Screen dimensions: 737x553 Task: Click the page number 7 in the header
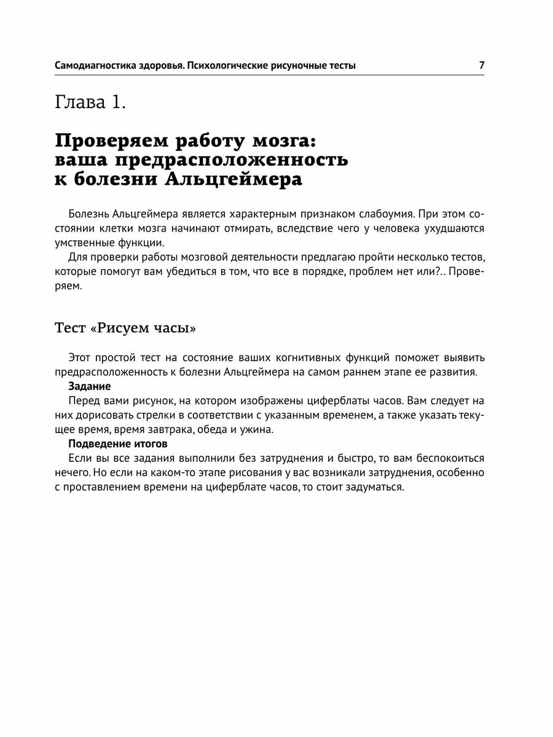click(x=482, y=64)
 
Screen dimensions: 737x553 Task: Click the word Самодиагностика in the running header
click(x=92, y=65)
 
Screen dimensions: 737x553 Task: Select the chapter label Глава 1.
click(x=90, y=102)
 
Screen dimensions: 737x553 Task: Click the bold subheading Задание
click(x=90, y=386)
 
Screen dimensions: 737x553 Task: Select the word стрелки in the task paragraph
click(x=143, y=415)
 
